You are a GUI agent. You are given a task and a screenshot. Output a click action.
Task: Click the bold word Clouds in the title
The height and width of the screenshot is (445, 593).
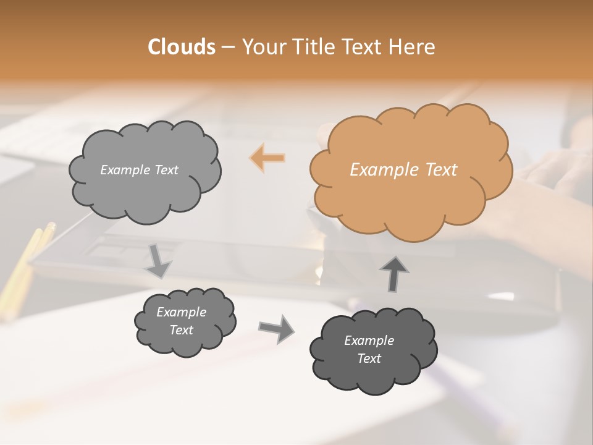tap(181, 47)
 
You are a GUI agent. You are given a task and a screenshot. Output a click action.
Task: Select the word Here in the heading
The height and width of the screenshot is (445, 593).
tap(413, 47)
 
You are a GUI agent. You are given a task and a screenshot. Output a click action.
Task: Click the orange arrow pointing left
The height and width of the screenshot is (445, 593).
tap(267, 158)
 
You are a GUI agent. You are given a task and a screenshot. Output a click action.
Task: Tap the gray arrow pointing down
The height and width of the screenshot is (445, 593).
tap(158, 260)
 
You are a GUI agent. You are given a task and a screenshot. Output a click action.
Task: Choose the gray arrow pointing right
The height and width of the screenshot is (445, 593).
tap(276, 328)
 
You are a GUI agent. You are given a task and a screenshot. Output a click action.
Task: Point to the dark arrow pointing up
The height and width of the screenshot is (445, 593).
tap(393, 274)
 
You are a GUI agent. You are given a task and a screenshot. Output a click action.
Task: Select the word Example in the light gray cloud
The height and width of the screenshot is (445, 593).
tap(125, 170)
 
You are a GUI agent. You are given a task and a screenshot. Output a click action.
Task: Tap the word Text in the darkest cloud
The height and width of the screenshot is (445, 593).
tap(369, 358)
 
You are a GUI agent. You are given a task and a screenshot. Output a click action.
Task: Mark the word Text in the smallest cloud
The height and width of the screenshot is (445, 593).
tap(181, 330)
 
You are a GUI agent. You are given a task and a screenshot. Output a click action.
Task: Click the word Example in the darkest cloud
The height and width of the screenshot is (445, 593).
tap(369, 341)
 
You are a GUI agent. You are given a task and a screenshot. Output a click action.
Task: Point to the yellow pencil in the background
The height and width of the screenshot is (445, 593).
tap(25, 260)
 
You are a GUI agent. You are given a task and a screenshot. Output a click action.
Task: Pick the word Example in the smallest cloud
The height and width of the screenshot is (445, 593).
tap(181, 312)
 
